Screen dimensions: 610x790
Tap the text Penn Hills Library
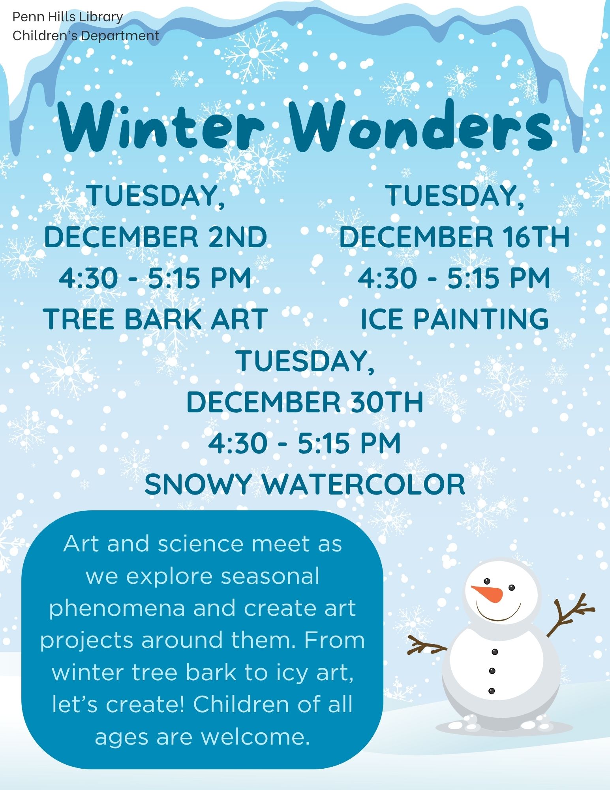68,17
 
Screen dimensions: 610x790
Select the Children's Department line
86,36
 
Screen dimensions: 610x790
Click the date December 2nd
156,237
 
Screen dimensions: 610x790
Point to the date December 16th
454,237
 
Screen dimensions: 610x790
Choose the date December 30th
305,402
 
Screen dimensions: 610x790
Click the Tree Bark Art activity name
156,319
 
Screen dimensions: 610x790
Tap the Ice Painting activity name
454,319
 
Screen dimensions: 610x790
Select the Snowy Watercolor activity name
305,484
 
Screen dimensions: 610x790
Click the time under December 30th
305,443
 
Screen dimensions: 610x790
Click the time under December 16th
454,278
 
